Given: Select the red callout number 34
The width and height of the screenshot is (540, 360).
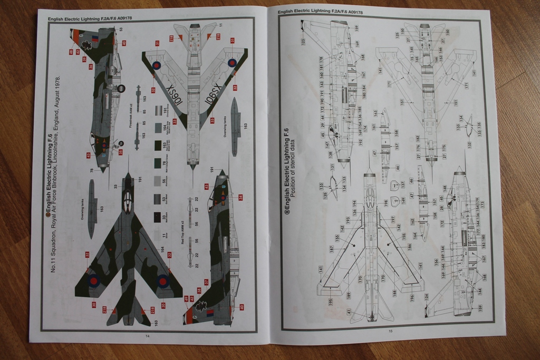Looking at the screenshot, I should (240, 197).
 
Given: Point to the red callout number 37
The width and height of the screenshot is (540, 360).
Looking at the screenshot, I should (206, 282).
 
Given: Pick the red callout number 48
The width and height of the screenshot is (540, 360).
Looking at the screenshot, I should (71, 52).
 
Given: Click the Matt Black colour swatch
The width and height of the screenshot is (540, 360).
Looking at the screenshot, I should (157, 216).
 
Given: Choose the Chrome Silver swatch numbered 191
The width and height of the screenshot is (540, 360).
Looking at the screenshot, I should (157, 111).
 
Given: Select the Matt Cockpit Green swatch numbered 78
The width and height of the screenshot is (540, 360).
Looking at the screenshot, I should (157, 163).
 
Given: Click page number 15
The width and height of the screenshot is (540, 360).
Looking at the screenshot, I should (390, 331).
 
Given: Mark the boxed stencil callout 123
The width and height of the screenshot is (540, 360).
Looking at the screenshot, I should (303, 41).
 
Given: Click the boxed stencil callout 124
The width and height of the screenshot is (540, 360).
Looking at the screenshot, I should (426, 296).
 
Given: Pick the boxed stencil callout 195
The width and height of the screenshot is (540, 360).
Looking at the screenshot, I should (316, 301).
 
